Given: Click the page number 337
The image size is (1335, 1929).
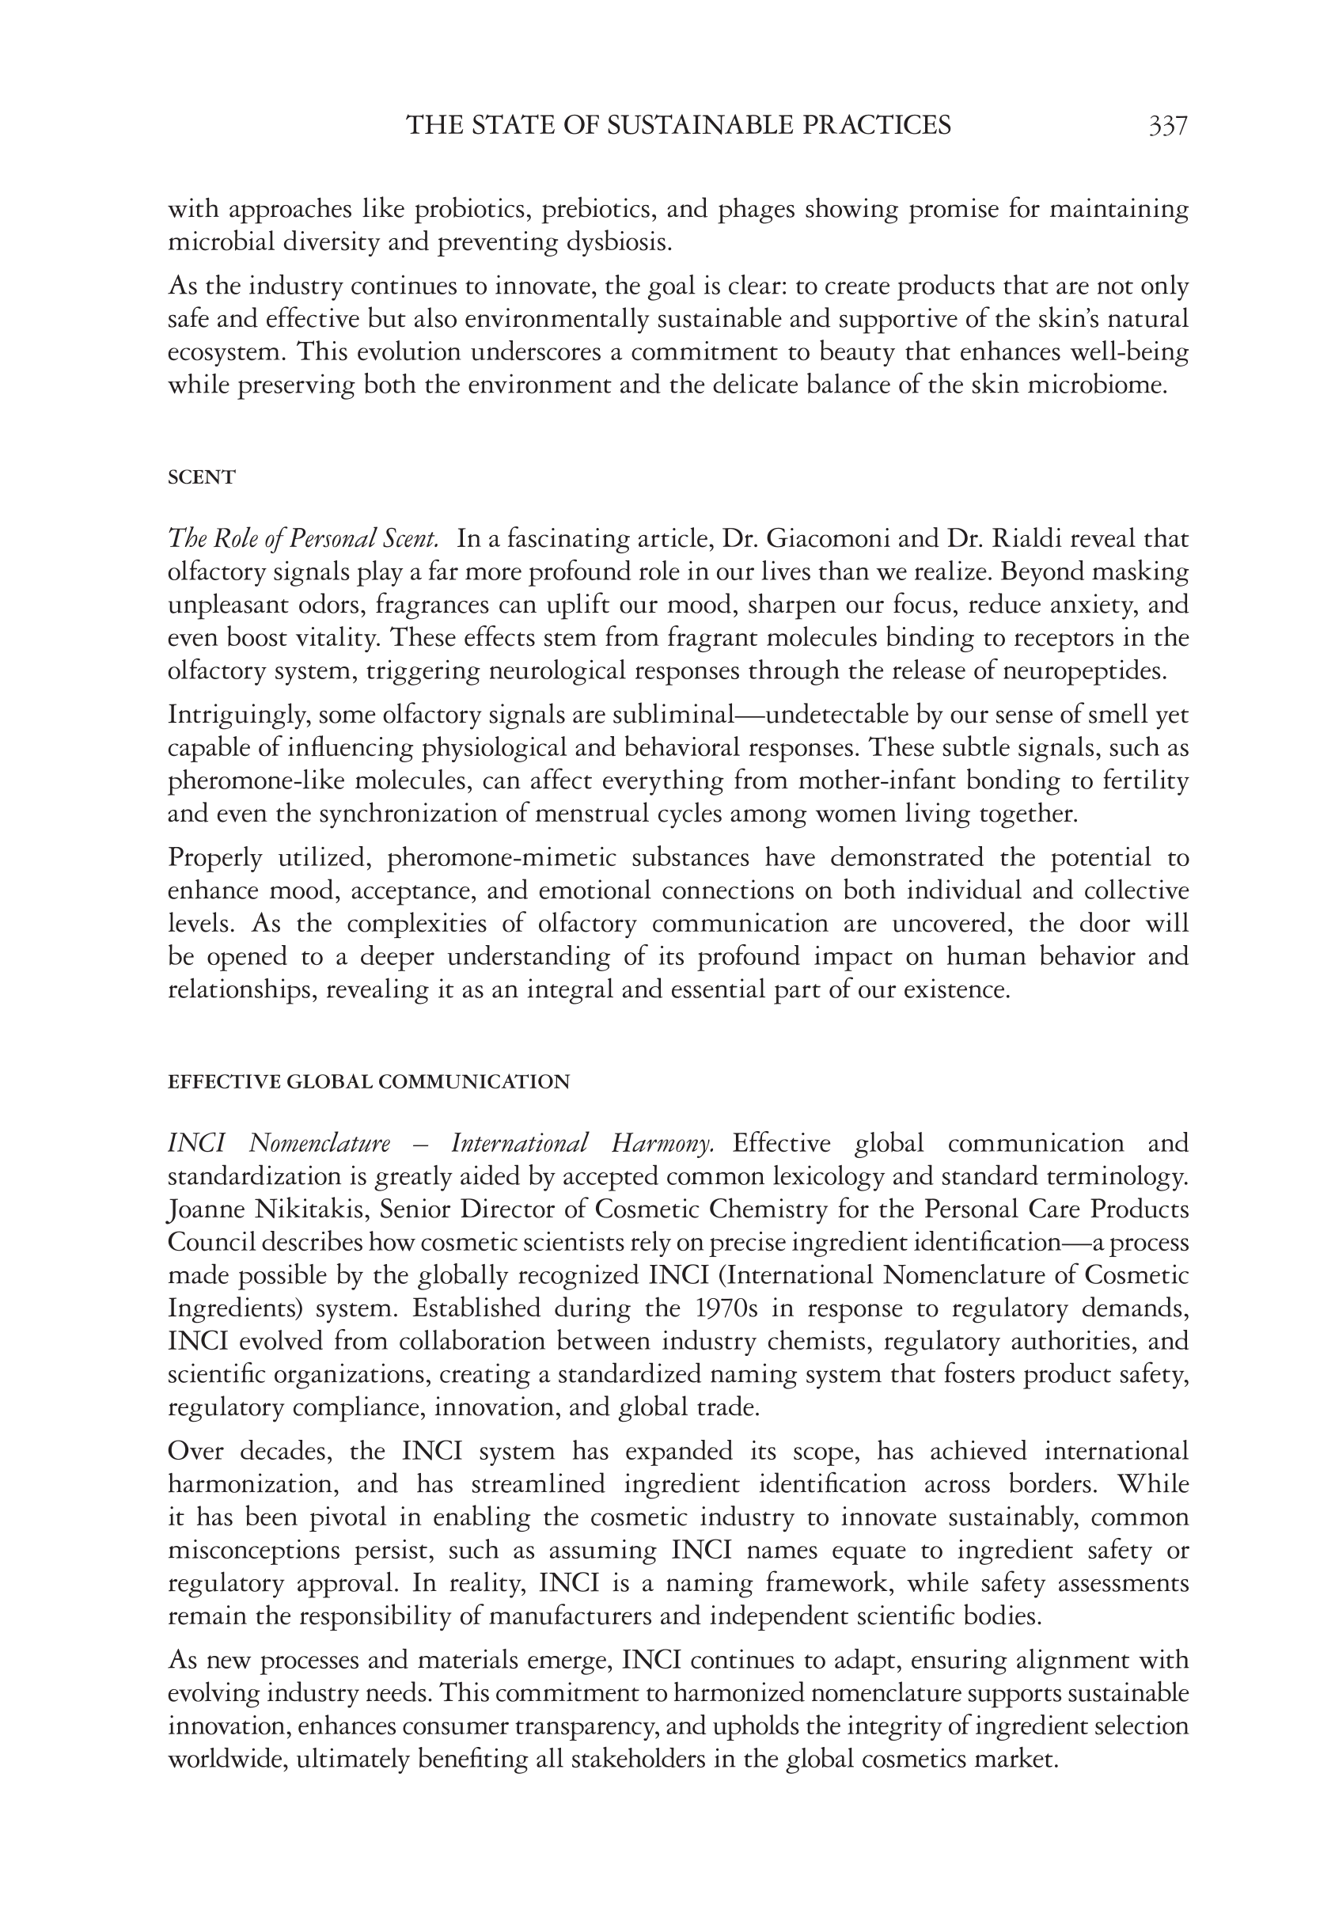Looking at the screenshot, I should click(x=1168, y=126).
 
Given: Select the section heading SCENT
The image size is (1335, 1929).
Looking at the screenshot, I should click(x=202, y=477).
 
